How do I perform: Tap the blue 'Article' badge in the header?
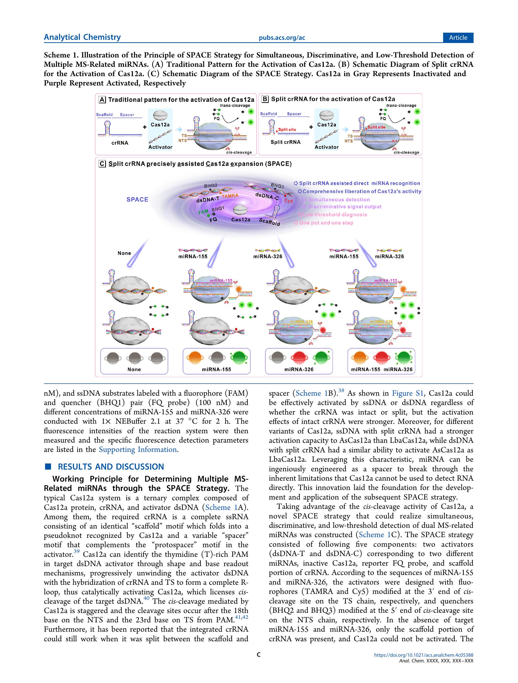click(x=458, y=38)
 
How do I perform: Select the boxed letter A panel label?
click(x=102, y=99)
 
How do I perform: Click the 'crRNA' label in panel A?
click(x=120, y=143)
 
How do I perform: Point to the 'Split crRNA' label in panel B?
click(x=285, y=142)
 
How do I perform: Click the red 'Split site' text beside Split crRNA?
click(x=287, y=130)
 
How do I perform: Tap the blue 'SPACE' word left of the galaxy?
click(x=137, y=199)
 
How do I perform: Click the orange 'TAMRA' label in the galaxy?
click(x=230, y=196)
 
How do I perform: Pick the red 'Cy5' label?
click(x=288, y=201)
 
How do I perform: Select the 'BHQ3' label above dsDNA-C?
click(x=277, y=186)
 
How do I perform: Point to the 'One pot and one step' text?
click(x=326, y=223)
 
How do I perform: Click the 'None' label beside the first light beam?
click(x=124, y=253)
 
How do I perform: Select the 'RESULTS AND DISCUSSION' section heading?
click(x=111, y=467)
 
